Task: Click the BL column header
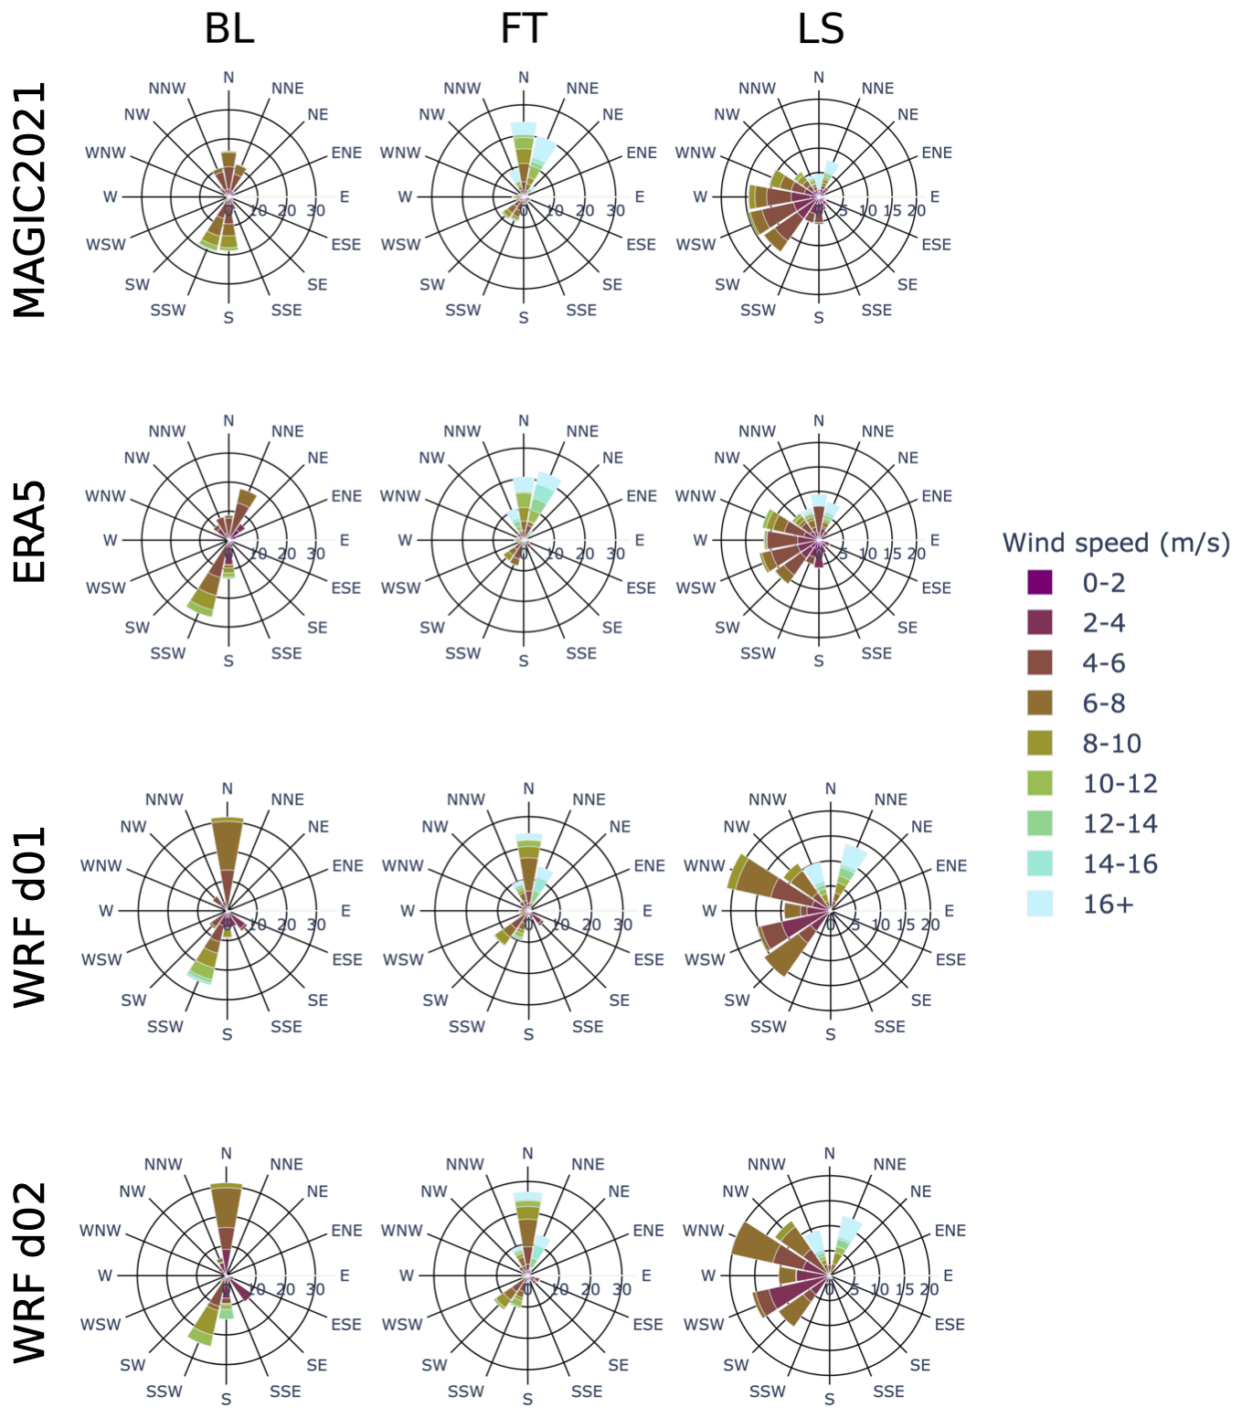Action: tap(228, 29)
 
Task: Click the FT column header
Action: tap(523, 29)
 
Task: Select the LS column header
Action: tap(820, 29)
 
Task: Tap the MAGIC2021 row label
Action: tap(30, 200)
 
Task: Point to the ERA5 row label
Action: tap(30, 533)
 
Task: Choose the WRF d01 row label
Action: tap(30, 916)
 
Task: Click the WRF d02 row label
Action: tap(30, 1272)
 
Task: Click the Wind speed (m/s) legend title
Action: tap(1116, 543)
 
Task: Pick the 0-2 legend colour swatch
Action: tap(1040, 583)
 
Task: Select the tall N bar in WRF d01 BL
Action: tap(227, 850)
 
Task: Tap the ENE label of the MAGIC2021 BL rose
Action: tap(346, 153)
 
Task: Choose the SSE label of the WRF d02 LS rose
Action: tap(888, 1392)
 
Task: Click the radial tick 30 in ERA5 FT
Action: tap(615, 554)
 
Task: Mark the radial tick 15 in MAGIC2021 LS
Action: tap(892, 211)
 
